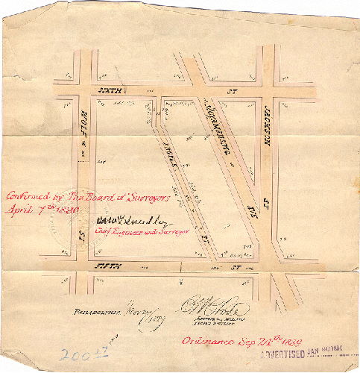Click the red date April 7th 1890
(x=36, y=210)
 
